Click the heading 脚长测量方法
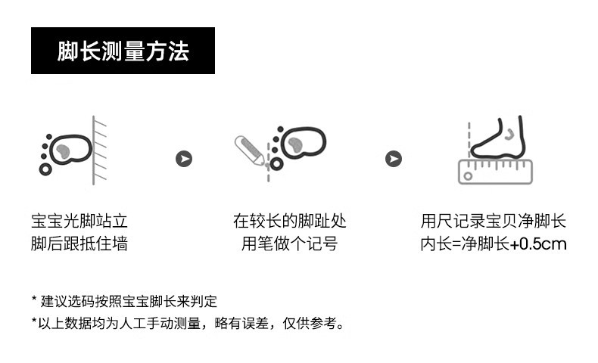pyautogui.click(x=123, y=51)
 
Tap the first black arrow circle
pyautogui.click(x=184, y=159)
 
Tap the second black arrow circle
pyautogui.click(x=394, y=159)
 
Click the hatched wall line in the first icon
pyautogui.click(x=98, y=151)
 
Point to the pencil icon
pyautogui.click(x=249, y=149)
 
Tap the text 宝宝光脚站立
pyautogui.click(x=79, y=222)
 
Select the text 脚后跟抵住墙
pyautogui.click(x=79, y=244)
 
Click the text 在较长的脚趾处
pyautogui.click(x=289, y=222)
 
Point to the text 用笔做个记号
pyautogui.click(x=289, y=244)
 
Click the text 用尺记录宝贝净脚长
pyautogui.click(x=494, y=222)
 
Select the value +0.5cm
pyautogui.click(x=538, y=244)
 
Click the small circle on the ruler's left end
pyautogui.click(x=468, y=176)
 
